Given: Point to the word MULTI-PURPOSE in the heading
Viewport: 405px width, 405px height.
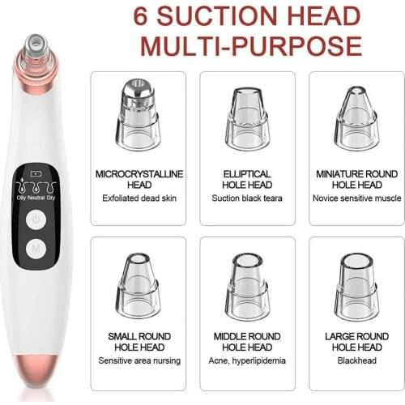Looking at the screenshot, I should pyautogui.click(x=253, y=46).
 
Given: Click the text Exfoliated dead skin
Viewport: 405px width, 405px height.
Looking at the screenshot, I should pyautogui.click(x=139, y=198).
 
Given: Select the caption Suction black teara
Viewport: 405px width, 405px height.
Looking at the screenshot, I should pyautogui.click(x=247, y=198).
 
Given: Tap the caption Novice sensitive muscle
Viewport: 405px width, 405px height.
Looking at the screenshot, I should pyautogui.click(x=357, y=198).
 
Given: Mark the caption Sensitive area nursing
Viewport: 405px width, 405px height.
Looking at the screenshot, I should pyautogui.click(x=139, y=360).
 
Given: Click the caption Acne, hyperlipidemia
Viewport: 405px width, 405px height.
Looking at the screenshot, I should pyautogui.click(x=247, y=360).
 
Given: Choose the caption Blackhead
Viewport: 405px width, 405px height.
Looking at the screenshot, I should pyautogui.click(x=357, y=360).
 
